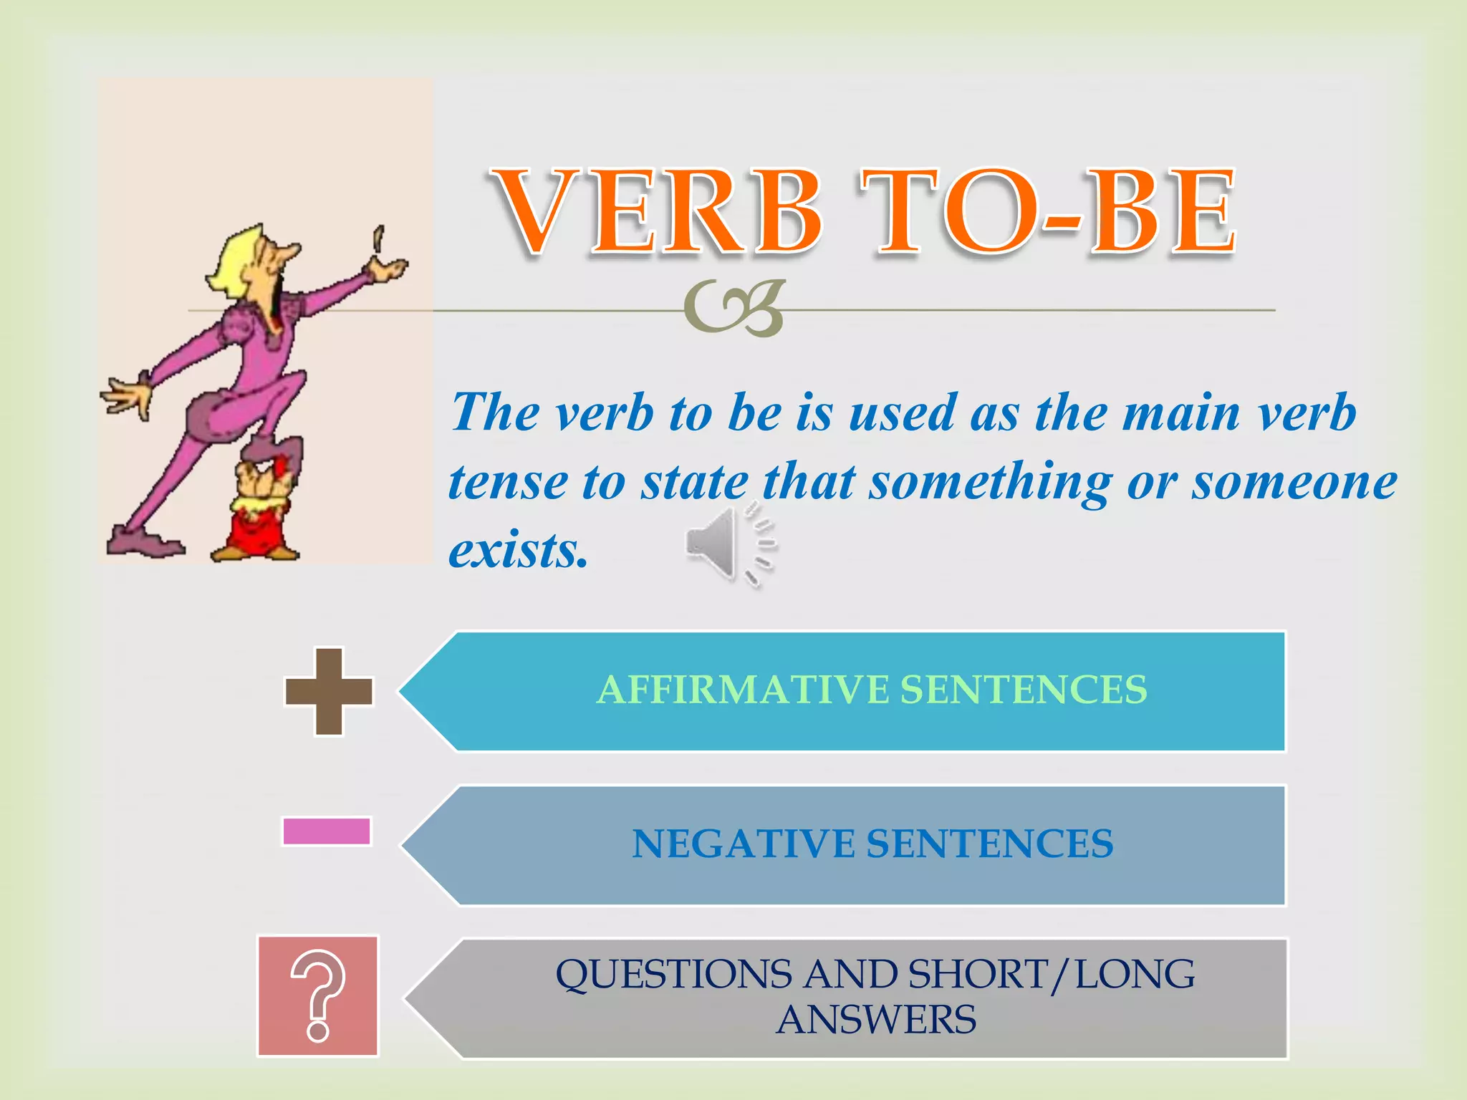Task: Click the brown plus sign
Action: click(329, 692)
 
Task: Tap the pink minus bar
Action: click(327, 831)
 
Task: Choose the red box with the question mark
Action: click(318, 996)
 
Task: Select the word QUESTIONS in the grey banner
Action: click(673, 975)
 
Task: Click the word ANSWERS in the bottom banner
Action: click(875, 1020)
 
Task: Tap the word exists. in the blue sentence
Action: click(518, 551)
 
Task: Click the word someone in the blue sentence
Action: click(1294, 483)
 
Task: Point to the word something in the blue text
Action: click(990, 483)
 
